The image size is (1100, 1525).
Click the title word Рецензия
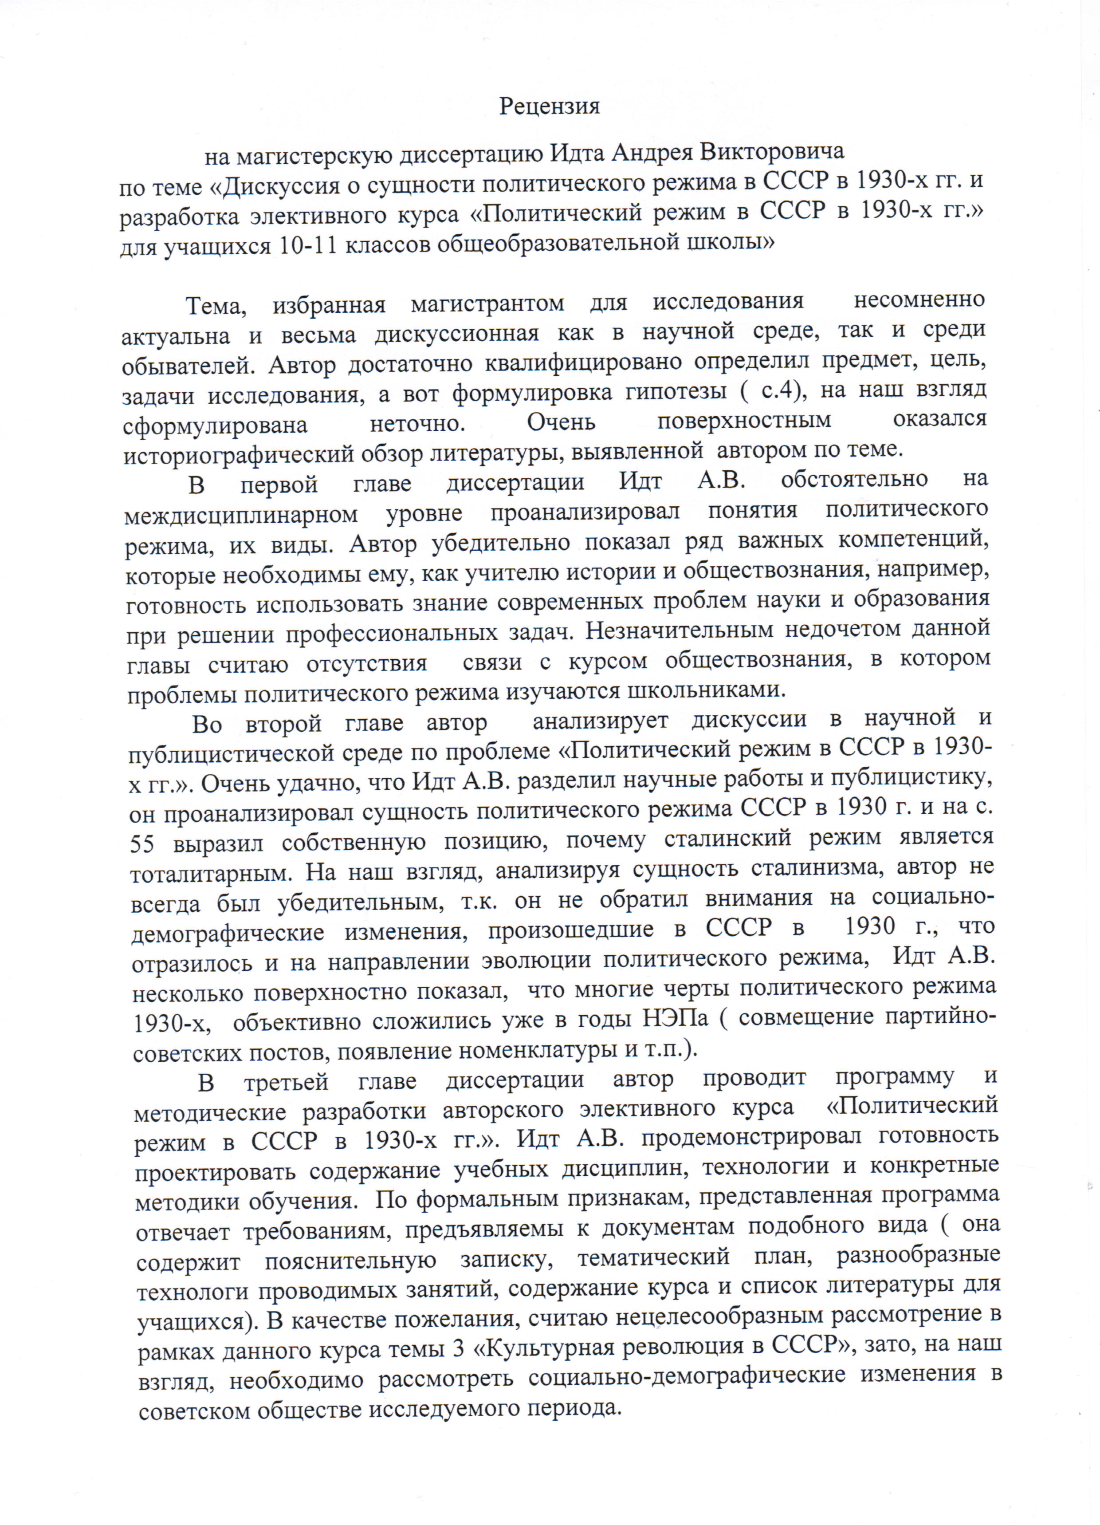pyautogui.click(x=549, y=106)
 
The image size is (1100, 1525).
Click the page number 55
pyautogui.click(x=142, y=843)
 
